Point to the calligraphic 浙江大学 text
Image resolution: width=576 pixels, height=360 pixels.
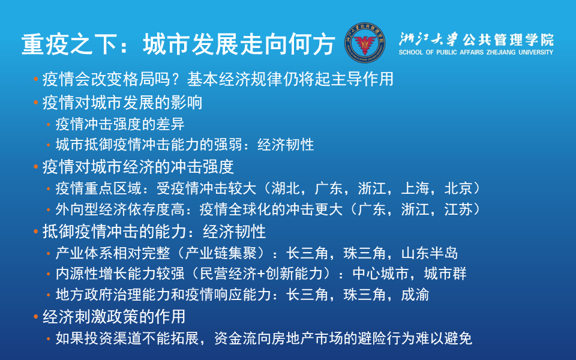tap(429, 40)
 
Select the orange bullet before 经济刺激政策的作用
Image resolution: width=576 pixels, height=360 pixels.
tap(36, 316)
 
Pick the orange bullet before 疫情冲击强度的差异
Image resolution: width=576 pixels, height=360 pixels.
tap(49, 125)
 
